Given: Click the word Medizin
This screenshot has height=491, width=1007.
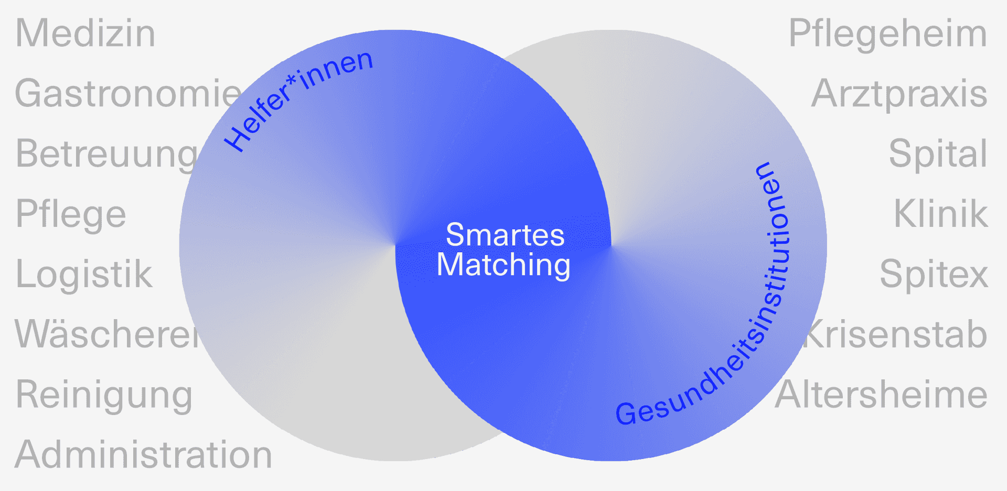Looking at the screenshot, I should coord(85,34).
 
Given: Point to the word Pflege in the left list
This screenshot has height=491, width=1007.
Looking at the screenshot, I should coord(71,214).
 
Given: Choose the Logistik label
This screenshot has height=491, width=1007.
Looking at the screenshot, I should coord(84,274).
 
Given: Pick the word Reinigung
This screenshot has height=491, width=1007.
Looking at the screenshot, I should coord(104,395).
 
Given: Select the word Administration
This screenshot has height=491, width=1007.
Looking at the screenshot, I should coord(143,454).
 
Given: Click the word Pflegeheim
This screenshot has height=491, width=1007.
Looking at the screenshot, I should coord(887,34).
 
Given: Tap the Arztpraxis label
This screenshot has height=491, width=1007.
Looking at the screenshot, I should coord(899,94).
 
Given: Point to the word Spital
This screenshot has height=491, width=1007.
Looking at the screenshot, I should coord(938,154).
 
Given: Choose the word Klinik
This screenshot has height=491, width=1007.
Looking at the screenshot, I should coord(940,214).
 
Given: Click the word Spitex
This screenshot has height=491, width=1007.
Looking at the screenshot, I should coord(934,274).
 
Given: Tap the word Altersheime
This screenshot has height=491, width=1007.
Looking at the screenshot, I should coord(881,395).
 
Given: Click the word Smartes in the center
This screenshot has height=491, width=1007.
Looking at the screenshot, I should coord(505,235).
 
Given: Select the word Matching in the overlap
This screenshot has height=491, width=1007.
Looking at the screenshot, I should coord(504,265).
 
